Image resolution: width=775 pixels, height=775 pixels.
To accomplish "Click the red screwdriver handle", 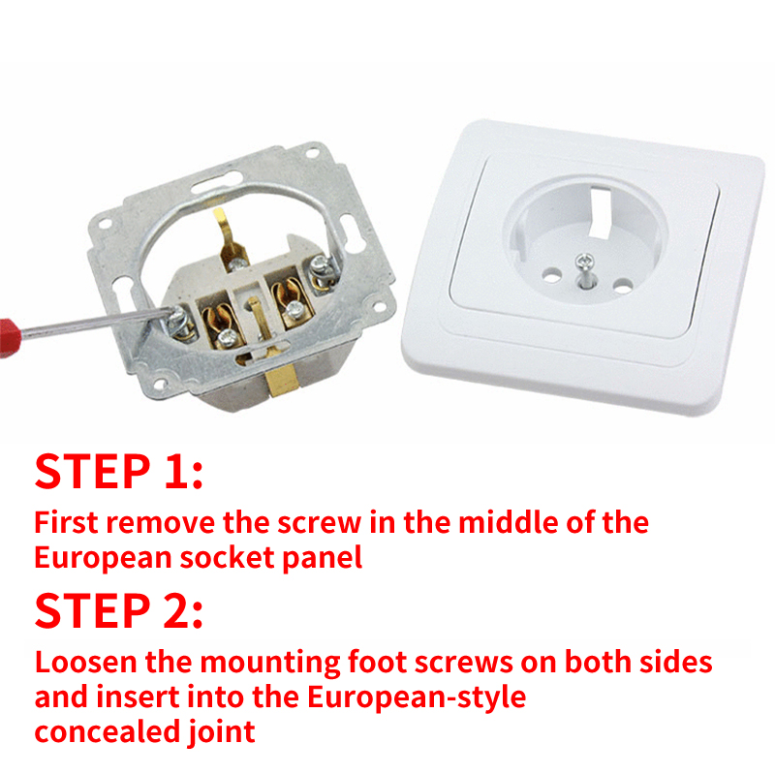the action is (x=10, y=337).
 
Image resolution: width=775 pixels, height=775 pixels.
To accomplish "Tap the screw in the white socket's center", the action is (x=585, y=261).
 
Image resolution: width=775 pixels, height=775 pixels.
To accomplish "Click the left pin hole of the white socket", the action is (x=551, y=274).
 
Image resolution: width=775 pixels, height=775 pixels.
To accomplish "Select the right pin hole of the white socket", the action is (x=623, y=286).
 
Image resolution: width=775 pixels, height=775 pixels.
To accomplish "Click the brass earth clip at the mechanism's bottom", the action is (x=280, y=380).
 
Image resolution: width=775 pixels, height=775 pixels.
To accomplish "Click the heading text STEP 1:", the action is (x=118, y=471).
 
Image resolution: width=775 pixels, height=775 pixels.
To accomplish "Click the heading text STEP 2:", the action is (x=118, y=610).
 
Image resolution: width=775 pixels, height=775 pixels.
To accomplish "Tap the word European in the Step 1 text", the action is (x=103, y=559).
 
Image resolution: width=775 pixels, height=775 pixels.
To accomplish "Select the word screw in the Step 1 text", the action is (x=320, y=523).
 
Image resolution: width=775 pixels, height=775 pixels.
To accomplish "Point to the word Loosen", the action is (x=86, y=662).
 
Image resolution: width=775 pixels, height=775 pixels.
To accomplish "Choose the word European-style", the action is (x=417, y=697).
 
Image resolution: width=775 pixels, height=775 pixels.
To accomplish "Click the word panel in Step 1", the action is (x=323, y=559).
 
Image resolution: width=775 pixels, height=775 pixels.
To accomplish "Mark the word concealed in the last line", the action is (x=108, y=732).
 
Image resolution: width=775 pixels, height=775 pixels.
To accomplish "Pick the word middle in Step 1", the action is (x=508, y=522).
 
